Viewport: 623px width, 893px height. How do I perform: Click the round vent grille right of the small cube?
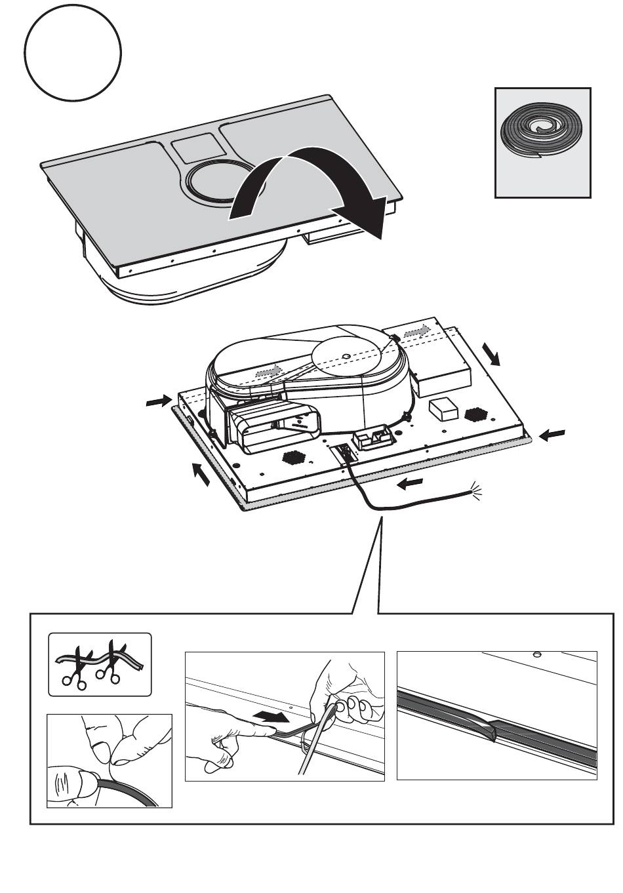(x=476, y=414)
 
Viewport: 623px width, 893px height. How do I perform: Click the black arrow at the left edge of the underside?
(x=158, y=401)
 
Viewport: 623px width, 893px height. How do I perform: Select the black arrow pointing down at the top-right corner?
(x=492, y=353)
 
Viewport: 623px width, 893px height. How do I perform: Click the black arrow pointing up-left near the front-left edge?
(x=201, y=473)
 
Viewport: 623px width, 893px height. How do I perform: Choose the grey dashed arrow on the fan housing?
(x=268, y=371)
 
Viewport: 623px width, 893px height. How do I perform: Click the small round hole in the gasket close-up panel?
(x=536, y=655)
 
